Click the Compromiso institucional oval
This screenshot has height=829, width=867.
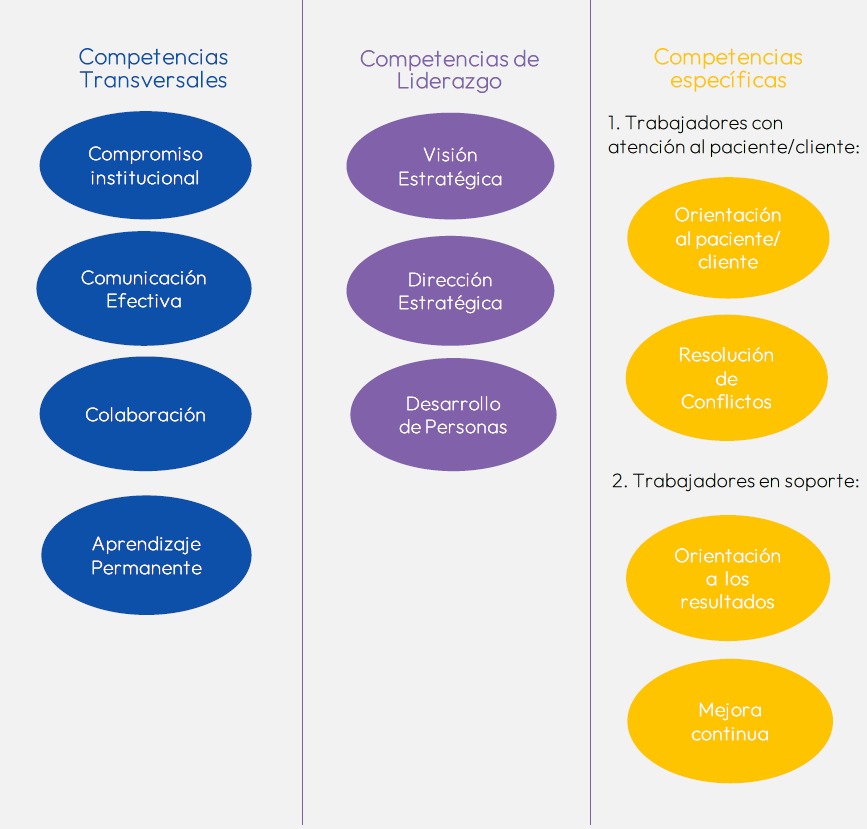[145, 166]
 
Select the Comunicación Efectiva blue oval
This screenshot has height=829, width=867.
[144, 289]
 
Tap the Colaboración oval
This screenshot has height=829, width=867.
[145, 414]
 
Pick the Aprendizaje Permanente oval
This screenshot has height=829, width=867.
[146, 555]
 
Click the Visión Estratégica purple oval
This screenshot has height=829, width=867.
[450, 167]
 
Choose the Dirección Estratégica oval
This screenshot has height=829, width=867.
[450, 291]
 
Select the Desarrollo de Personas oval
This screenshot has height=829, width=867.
[453, 415]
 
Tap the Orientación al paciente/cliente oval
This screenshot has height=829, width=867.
[728, 238]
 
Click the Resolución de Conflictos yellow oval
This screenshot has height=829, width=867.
[727, 378]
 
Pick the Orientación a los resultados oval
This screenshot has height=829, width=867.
[728, 578]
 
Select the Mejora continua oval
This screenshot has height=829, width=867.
[730, 721]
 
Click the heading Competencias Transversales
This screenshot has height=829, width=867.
[153, 68]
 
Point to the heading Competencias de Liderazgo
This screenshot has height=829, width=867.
[449, 70]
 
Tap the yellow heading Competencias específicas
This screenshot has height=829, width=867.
[728, 68]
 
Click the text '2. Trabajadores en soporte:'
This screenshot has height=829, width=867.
[735, 480]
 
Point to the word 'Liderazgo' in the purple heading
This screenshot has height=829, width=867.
[449, 82]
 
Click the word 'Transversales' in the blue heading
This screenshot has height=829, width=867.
[153, 80]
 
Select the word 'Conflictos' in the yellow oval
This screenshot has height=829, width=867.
[727, 402]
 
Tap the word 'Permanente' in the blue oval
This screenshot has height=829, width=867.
[146, 568]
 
